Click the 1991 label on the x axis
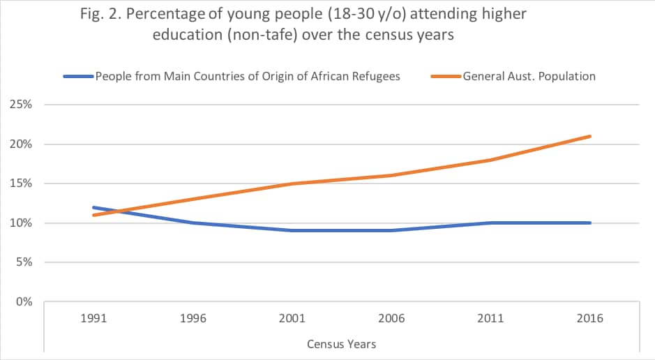click(93, 319)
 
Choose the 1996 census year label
click(193, 319)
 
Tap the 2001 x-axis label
click(292, 319)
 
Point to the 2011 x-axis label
click(491, 319)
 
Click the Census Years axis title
click(342, 344)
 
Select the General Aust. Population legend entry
click(529, 76)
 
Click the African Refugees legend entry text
click(247, 76)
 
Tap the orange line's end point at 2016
click(591, 136)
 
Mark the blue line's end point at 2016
click(591, 223)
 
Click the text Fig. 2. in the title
click(107, 15)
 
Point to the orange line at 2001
click(292, 183)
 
